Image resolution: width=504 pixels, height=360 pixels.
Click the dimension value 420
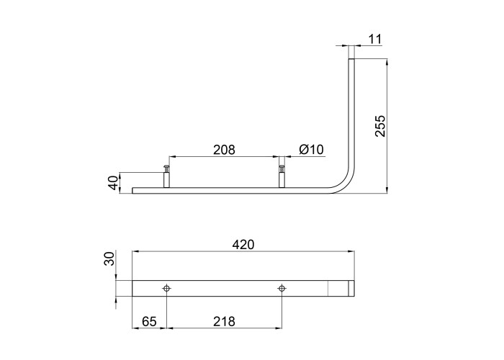coord(243,245)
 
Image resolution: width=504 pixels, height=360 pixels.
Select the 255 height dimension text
coord(380,126)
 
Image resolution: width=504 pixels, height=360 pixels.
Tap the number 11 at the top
coord(375,39)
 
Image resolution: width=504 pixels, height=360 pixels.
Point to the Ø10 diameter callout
coord(311,150)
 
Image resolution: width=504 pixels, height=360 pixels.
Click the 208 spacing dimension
coord(224,150)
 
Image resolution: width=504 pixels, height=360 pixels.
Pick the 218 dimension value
coord(224,321)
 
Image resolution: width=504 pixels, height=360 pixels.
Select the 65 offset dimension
coord(149,321)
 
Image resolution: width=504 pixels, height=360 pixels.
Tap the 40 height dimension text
coord(113,183)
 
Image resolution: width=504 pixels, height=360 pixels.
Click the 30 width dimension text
coord(109,258)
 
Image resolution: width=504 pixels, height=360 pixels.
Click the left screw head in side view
coord(166,168)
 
